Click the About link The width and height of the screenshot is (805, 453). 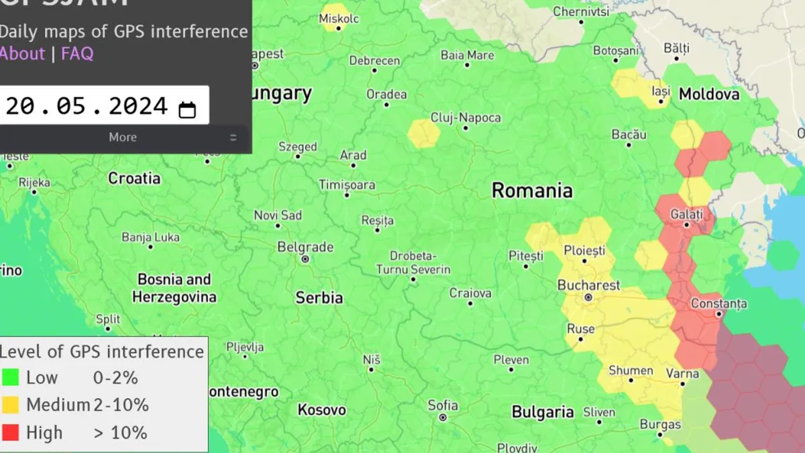coord(21,54)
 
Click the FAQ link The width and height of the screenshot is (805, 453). coord(77,54)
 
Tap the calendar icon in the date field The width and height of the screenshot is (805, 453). coord(187,109)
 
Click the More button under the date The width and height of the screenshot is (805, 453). coord(123,138)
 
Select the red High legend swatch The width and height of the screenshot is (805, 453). coord(11,433)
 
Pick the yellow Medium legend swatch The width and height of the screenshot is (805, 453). coord(11,405)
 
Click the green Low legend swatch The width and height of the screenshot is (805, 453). coord(11,378)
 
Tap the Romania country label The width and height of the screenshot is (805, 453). coord(532,191)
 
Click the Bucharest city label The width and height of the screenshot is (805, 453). coord(589,285)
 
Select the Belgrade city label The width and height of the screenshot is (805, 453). coord(305,247)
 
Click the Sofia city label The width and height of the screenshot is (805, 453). coord(443,405)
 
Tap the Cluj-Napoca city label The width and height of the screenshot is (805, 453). coord(466,118)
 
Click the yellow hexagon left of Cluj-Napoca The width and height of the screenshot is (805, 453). coord(424,132)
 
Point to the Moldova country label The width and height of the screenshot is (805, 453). coord(709,94)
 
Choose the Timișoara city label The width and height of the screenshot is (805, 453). coord(347,184)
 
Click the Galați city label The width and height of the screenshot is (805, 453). coord(686,215)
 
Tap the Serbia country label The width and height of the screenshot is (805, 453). coord(319,298)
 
